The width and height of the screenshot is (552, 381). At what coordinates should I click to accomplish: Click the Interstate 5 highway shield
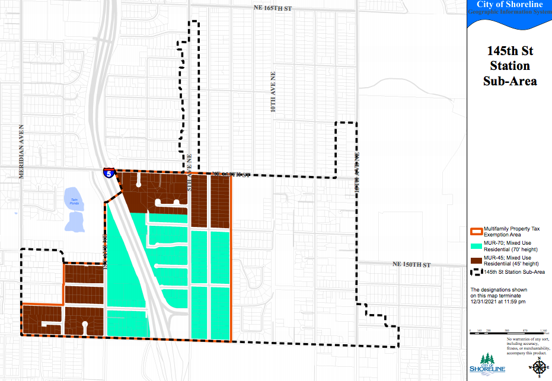click(108, 173)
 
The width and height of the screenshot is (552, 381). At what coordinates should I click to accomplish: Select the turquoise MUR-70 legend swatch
click(476, 246)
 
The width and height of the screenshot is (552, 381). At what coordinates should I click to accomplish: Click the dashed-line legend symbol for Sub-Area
click(476, 272)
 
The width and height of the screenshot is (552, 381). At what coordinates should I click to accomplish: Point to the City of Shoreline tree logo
click(487, 361)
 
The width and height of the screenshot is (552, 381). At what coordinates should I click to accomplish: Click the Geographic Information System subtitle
click(509, 12)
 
